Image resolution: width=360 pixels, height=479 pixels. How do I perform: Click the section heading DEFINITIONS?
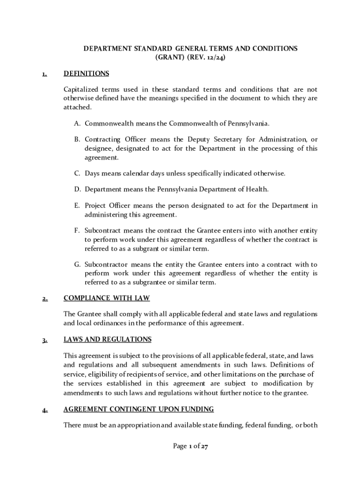[86, 73]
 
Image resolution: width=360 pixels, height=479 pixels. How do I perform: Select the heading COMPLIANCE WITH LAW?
[107, 298]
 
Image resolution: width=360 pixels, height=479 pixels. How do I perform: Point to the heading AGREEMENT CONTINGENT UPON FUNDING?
[138, 409]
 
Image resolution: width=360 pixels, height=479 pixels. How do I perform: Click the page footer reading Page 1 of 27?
[190, 446]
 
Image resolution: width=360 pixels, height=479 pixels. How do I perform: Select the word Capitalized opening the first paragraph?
[81, 89]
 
